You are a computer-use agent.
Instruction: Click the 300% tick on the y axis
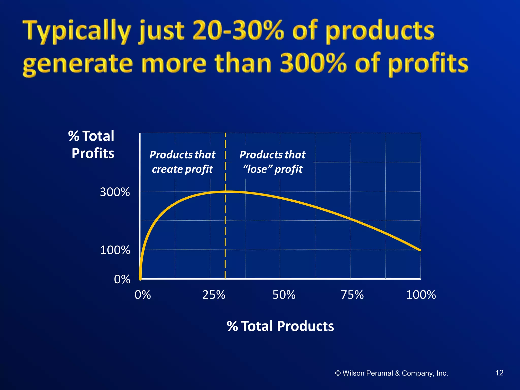click(115, 192)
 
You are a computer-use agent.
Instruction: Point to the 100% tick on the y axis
click(115, 250)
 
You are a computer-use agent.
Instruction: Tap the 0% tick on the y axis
click(122, 279)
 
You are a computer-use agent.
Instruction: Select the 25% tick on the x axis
click(214, 295)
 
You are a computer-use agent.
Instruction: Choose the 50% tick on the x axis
click(284, 295)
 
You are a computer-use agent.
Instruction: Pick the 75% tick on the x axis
click(352, 295)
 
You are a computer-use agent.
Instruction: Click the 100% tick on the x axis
click(421, 295)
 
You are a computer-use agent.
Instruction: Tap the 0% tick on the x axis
click(143, 295)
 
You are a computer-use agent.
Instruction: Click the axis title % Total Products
click(280, 326)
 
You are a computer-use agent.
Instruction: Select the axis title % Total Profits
click(92, 145)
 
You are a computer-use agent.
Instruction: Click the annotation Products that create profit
click(182, 162)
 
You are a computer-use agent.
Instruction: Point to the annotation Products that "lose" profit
click(272, 162)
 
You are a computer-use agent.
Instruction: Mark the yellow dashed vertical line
click(225, 229)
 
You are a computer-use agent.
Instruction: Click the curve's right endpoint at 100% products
click(420, 250)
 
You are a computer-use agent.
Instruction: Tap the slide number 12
click(499, 373)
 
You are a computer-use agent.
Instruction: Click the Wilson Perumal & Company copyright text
click(391, 373)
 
